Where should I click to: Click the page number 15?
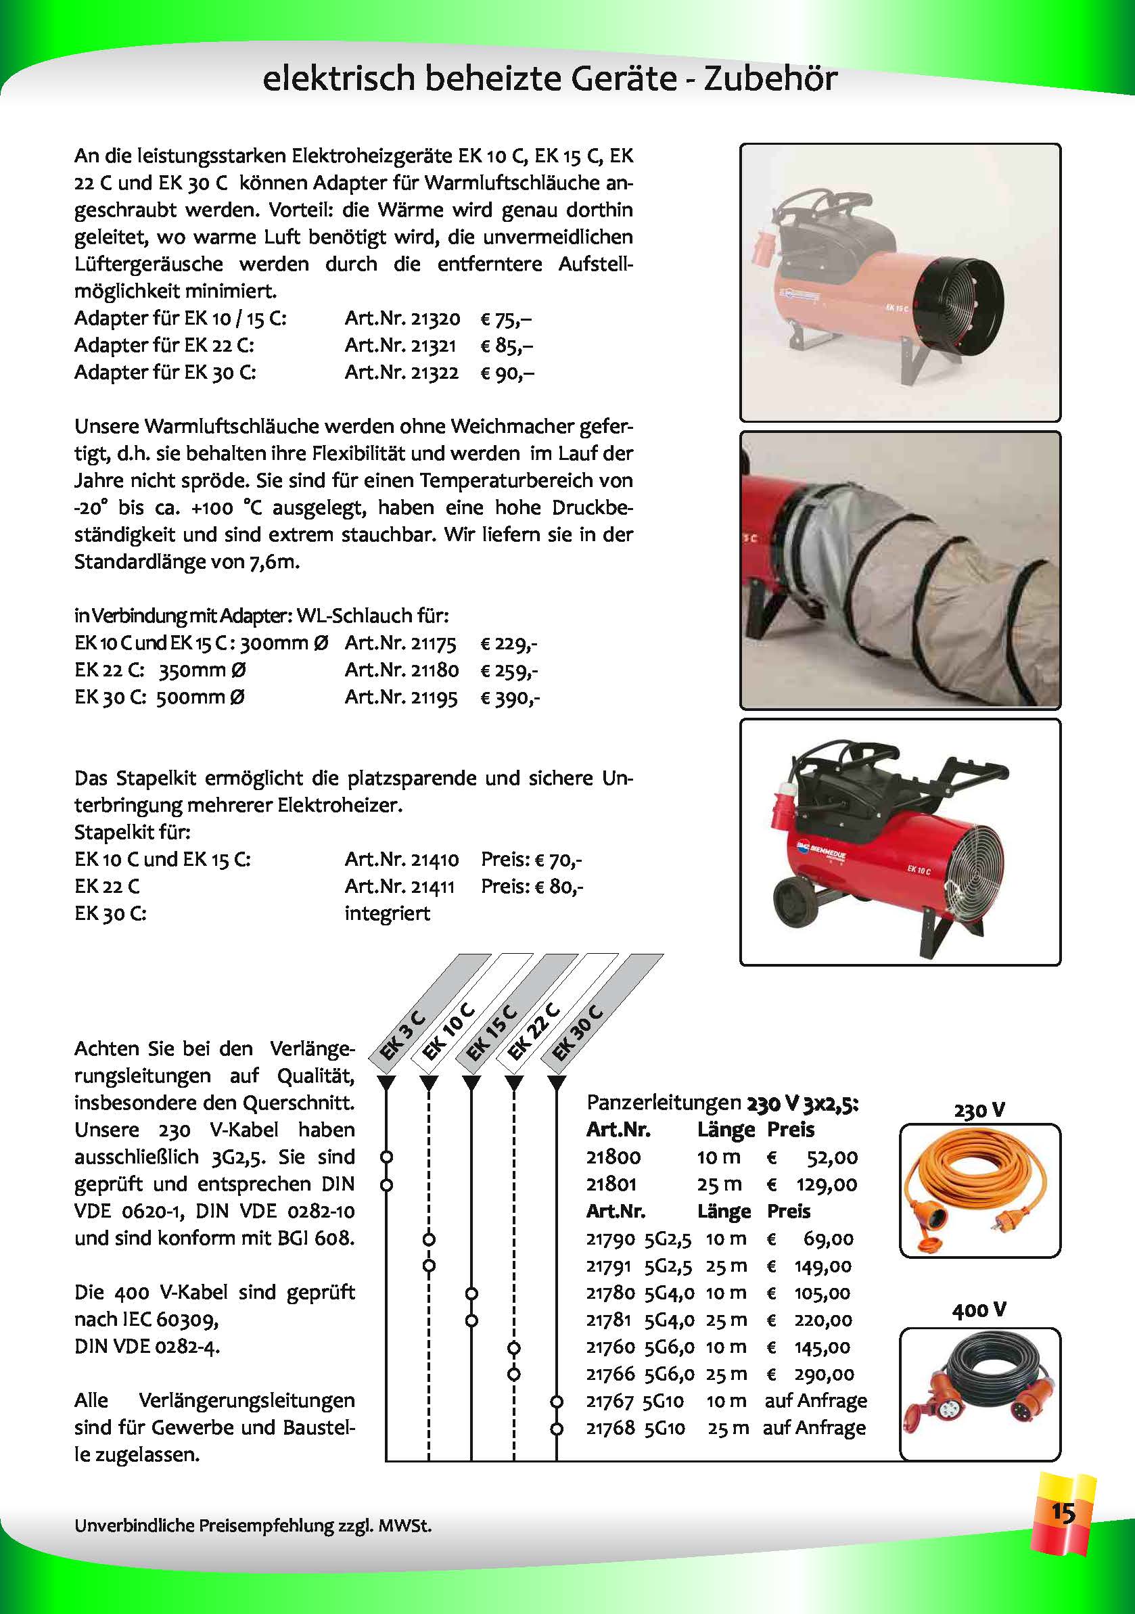point(1063,1511)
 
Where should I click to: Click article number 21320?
point(435,319)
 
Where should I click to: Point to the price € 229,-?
point(509,643)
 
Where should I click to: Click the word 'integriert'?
point(386,913)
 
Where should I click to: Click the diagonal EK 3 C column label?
point(402,1034)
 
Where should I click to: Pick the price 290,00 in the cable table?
point(825,1375)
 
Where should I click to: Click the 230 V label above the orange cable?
point(979,1110)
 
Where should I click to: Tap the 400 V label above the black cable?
point(979,1310)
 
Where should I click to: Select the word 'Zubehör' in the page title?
point(770,78)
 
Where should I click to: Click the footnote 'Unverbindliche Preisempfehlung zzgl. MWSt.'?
point(252,1525)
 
